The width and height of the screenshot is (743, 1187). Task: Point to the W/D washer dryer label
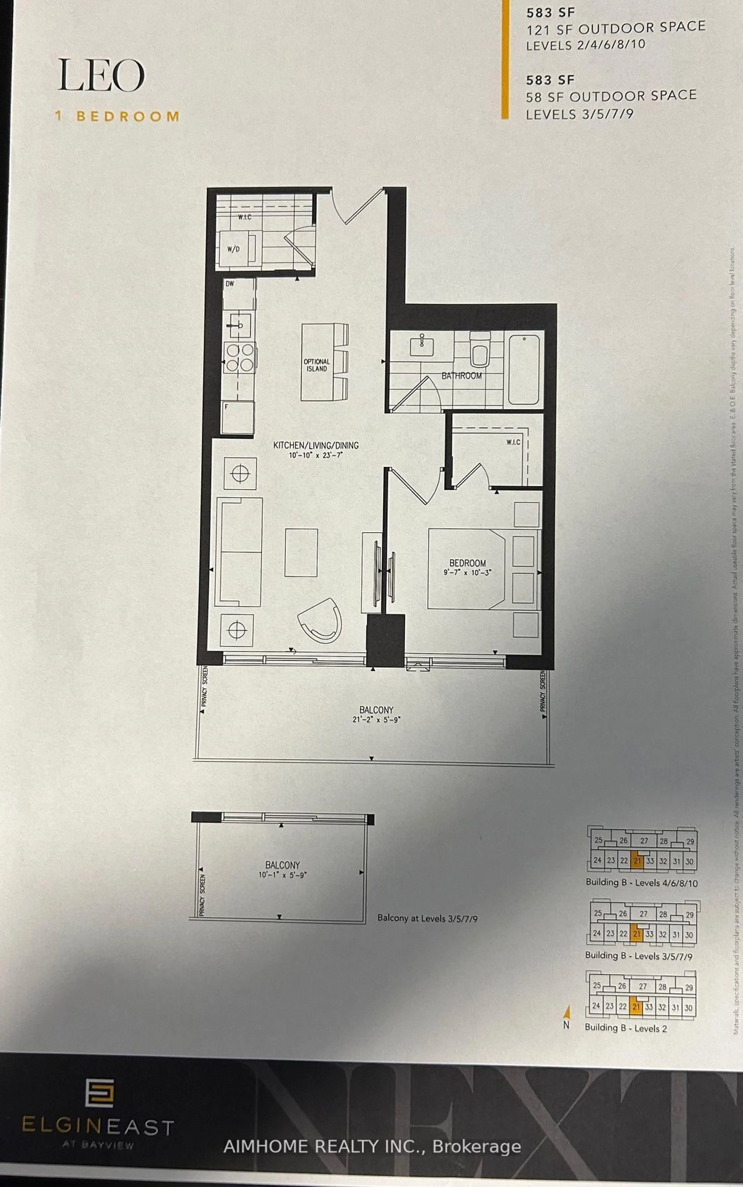click(233, 249)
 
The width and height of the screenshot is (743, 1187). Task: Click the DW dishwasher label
click(229, 284)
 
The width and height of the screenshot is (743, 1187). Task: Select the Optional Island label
click(317, 365)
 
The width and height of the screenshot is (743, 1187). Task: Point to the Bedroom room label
click(467, 563)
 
